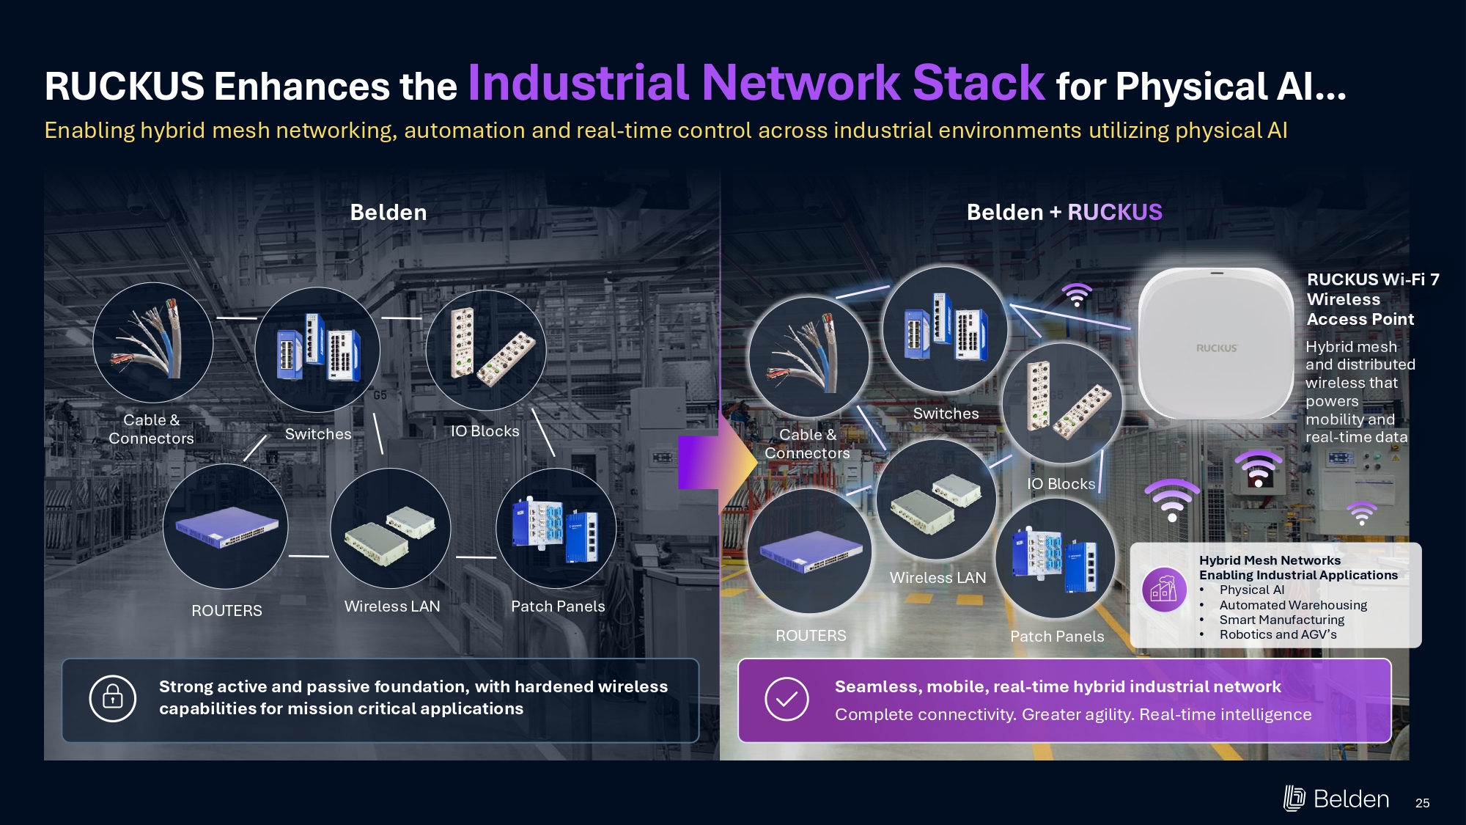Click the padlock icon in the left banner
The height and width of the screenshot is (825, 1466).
tap(113, 698)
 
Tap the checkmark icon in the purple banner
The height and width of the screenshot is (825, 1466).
tap(787, 699)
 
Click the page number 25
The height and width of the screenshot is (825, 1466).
tap(1422, 803)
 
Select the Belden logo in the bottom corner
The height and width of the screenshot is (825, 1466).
tap(1336, 799)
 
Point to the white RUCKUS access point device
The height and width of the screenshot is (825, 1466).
tap(1216, 343)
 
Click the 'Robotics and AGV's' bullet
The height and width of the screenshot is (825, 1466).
tap(1278, 634)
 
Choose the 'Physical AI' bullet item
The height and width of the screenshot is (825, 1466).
tap(1252, 590)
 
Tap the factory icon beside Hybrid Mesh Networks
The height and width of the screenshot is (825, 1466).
tap(1164, 590)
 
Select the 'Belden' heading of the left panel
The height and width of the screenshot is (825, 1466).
tap(388, 213)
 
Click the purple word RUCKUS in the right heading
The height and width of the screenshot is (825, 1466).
tap(1115, 213)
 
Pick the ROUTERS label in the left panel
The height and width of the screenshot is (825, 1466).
tap(226, 611)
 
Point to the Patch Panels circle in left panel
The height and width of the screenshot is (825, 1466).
tap(556, 528)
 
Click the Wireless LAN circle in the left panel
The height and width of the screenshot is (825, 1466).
tap(391, 528)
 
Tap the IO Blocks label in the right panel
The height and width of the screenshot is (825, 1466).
tap(1061, 484)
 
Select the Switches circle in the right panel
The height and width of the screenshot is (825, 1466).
tap(945, 329)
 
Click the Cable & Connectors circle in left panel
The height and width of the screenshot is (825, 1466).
tap(153, 342)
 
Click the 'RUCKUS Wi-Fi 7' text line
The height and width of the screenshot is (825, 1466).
tap(1373, 279)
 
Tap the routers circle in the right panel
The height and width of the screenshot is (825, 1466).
tap(810, 551)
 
